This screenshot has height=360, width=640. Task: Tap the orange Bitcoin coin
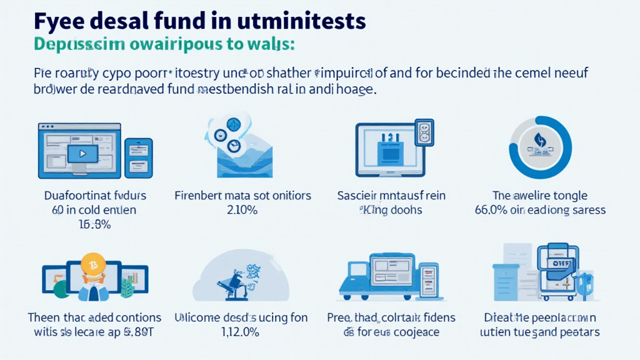tap(92, 265)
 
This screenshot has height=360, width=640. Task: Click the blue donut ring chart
tap(540, 148)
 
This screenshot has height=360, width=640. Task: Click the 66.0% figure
tap(491, 210)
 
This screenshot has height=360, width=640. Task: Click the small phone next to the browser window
tap(138, 156)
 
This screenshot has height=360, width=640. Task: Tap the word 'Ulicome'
tap(195, 317)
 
